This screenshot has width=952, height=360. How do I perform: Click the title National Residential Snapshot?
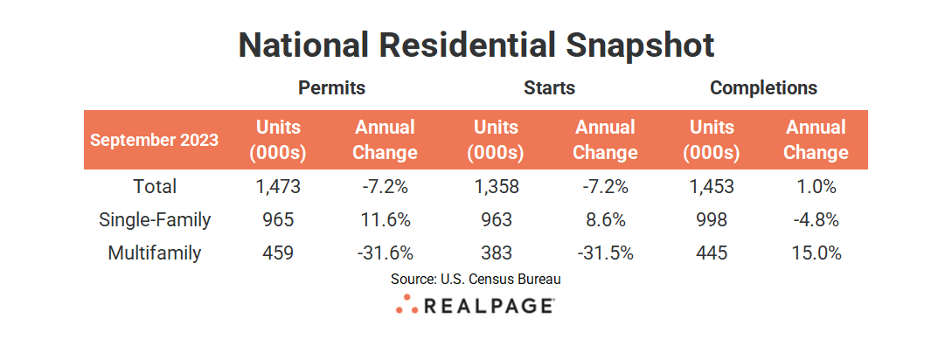coord(476,45)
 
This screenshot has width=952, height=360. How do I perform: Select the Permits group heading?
coord(331,88)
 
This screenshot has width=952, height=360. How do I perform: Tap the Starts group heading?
coord(549,88)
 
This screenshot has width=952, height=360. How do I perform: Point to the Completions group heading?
coord(763,88)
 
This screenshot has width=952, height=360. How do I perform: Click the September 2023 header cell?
coord(155,140)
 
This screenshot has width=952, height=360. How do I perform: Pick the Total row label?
coord(155,186)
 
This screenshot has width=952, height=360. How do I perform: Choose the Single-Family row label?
coord(155,220)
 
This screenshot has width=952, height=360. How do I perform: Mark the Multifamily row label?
coord(155,253)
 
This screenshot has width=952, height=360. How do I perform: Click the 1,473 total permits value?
coord(277,186)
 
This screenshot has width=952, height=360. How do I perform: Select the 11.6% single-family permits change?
coord(385,220)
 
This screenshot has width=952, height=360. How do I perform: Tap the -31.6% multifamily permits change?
coord(385,253)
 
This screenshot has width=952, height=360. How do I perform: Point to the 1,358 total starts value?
coord(497,186)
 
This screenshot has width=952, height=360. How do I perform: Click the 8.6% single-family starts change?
coord(605,220)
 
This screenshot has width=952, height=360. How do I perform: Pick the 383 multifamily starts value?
coord(497,253)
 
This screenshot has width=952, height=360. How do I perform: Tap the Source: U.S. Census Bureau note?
coord(476,280)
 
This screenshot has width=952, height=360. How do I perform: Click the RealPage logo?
coord(476,306)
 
